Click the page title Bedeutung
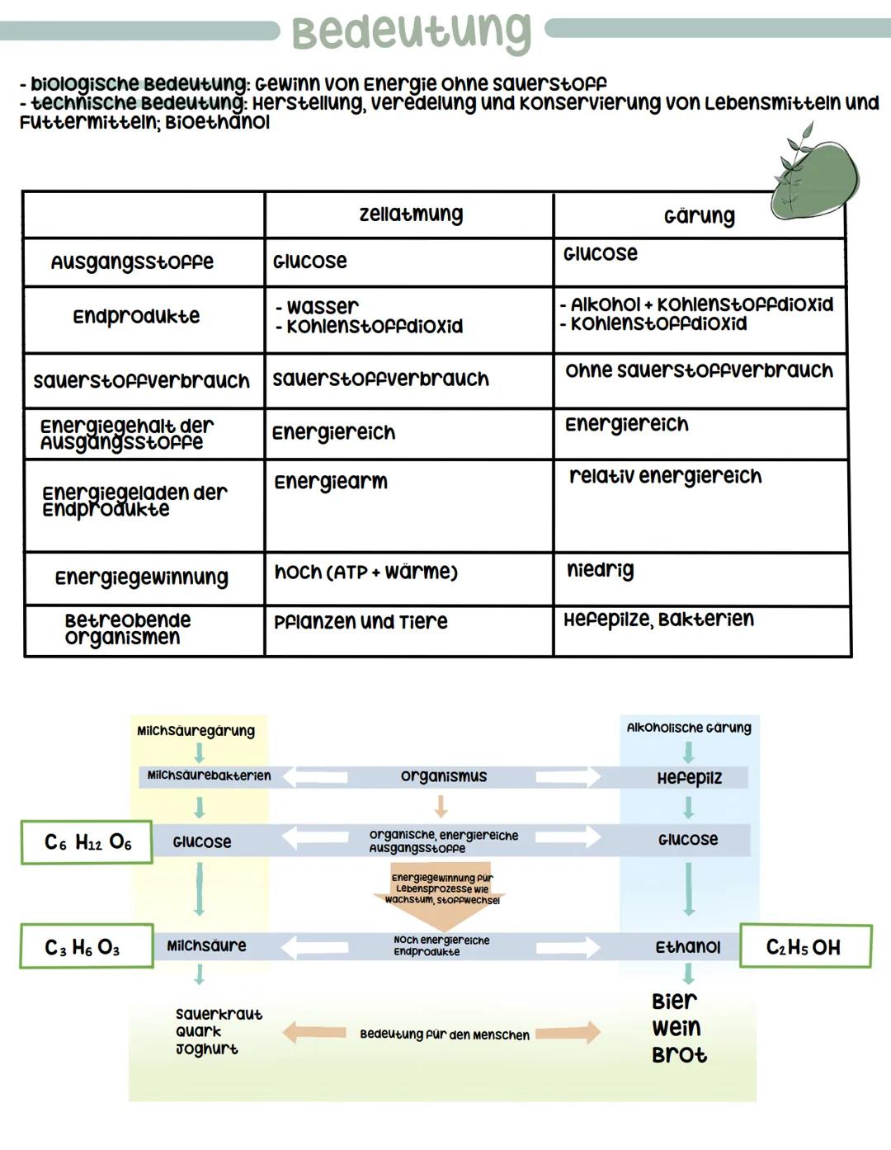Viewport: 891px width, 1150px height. tap(411, 31)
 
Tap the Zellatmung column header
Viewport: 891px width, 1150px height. tap(411, 214)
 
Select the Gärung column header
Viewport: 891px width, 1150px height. tap(699, 216)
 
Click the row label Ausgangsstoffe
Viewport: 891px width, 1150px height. tap(132, 262)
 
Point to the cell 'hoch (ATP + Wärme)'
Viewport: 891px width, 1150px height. tap(365, 572)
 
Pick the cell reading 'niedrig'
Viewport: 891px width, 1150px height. tap(601, 570)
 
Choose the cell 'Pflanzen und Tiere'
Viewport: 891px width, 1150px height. tap(361, 622)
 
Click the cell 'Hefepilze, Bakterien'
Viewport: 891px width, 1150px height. tap(658, 620)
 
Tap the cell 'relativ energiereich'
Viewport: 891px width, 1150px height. tap(665, 476)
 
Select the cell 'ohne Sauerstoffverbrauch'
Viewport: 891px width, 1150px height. tap(699, 370)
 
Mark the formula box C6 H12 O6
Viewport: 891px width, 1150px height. tap(87, 842)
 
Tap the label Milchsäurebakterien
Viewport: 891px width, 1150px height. tap(209, 775)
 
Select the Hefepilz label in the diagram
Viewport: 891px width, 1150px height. tap(689, 778)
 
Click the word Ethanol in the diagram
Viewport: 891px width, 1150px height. tap(687, 947)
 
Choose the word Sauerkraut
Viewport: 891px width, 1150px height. tap(219, 1014)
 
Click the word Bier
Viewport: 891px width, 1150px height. tap(674, 1002)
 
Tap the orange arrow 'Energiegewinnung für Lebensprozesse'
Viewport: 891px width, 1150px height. tap(441, 888)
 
